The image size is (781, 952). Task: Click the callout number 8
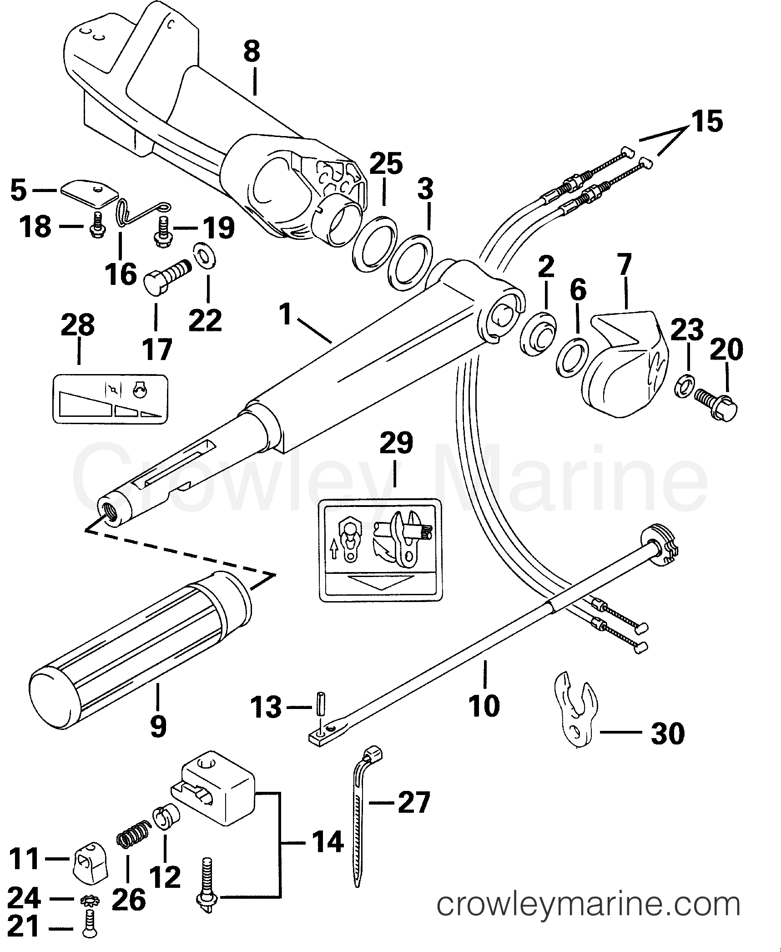[252, 51]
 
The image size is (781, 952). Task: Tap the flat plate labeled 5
[87, 194]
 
